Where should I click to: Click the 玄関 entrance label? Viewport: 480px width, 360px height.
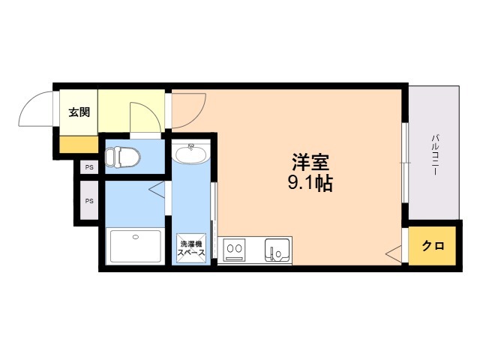[x=79, y=112]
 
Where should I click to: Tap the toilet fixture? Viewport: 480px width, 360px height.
[x=122, y=157]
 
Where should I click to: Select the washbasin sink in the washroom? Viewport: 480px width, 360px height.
[x=190, y=154]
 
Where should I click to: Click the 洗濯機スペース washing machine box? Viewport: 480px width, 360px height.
[x=191, y=248]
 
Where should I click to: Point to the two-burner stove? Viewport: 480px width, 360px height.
[x=235, y=250]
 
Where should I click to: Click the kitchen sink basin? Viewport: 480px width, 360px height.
[x=277, y=250]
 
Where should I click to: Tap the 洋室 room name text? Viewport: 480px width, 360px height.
[x=310, y=163]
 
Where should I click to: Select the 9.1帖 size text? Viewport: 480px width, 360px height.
[x=310, y=183]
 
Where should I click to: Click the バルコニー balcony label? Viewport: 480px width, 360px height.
[x=435, y=154]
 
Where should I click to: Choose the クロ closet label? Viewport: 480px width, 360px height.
[x=433, y=245]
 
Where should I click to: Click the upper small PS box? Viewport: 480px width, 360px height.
[x=89, y=167]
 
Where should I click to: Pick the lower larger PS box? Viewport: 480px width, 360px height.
[x=89, y=201]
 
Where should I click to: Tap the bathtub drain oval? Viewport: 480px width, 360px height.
[x=136, y=237]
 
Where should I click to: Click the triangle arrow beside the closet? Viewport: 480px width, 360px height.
[x=393, y=253]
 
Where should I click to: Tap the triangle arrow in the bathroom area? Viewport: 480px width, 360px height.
[x=157, y=190]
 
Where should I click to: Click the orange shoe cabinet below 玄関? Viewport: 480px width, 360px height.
[x=79, y=145]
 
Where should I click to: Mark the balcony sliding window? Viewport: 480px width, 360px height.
[x=405, y=163]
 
